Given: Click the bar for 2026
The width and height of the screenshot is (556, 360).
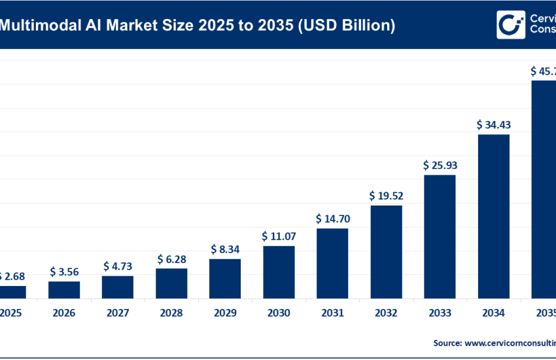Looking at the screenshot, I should coord(64,290).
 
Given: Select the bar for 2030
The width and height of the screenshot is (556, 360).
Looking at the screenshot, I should coord(279,272).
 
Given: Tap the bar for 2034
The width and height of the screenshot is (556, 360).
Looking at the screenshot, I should coord(493,216).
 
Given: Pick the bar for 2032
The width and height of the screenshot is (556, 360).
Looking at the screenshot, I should coord(386,252).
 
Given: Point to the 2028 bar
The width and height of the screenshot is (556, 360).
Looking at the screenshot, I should coord(171,283).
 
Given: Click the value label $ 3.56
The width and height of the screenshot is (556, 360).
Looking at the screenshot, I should coord(64,272).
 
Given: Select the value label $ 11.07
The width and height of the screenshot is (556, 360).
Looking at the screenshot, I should coord(279,236).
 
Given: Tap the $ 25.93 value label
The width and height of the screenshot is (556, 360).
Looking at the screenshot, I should coord(440,165).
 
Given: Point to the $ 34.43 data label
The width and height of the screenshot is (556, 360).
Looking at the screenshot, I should coord(493,124).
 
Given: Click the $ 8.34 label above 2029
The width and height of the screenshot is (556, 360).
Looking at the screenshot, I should coord(225,249).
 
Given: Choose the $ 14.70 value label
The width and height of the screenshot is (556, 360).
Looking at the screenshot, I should coord(332,218).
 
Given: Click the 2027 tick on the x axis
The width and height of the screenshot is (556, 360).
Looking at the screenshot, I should coord(118,314).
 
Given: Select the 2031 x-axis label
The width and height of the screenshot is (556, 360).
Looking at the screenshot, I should coord(332,314).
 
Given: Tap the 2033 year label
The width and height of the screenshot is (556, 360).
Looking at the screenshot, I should coord(440,314).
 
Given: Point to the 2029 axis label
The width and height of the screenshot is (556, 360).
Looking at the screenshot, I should coord(225,314).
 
